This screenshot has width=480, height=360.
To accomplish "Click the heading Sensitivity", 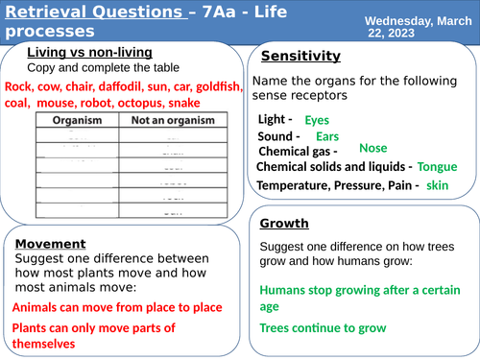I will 300,57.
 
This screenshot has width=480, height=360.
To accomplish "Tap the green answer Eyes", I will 317,121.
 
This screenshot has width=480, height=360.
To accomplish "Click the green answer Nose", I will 372,149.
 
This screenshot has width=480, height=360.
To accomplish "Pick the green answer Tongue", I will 438,167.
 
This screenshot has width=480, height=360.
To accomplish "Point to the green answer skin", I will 438,184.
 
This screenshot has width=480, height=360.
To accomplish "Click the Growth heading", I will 284,224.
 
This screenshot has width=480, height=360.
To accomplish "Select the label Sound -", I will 281,136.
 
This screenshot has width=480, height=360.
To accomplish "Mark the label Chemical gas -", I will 299,152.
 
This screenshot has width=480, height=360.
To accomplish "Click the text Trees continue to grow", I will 324,328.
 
